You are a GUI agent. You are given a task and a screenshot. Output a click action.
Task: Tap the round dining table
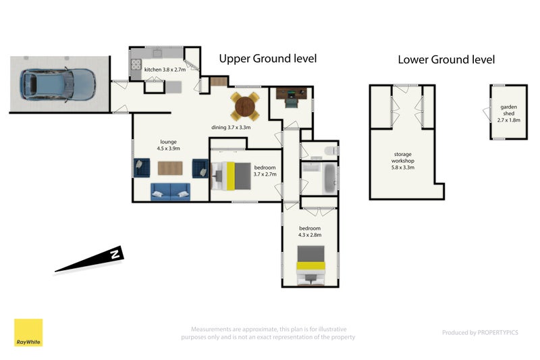(x=245, y=105)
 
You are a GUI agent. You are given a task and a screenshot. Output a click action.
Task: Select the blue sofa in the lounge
(x=170, y=191)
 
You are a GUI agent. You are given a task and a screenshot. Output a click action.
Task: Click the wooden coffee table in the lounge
(x=169, y=167)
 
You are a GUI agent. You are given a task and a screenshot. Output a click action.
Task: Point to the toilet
(x=329, y=150)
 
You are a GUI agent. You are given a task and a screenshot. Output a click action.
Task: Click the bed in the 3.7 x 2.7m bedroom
(x=227, y=176)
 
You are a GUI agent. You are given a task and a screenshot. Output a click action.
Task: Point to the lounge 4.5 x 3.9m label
(x=168, y=145)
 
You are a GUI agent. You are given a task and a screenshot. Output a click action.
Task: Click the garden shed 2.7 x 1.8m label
(x=509, y=113)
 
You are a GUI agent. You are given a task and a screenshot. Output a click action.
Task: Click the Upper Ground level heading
(x=267, y=59)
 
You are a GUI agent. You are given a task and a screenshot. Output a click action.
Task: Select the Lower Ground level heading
(x=446, y=59)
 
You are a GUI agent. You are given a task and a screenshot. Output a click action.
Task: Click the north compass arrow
(x=91, y=261)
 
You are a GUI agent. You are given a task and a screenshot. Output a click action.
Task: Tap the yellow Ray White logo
(x=28, y=332)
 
